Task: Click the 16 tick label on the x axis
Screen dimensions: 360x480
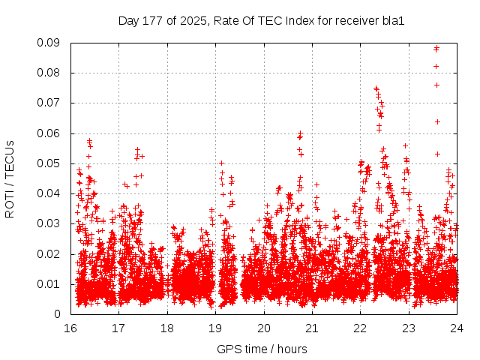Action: pos(70,328)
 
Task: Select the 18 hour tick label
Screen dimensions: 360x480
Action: pos(167,328)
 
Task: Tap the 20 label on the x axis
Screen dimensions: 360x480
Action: pos(264,328)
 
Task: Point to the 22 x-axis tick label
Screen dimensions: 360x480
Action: pos(361,328)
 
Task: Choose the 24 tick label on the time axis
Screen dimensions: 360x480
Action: pos(457,328)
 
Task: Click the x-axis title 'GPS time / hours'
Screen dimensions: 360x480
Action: pos(262,349)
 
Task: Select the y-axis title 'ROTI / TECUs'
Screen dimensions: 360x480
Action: pos(10,178)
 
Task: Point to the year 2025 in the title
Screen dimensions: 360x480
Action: pos(193,20)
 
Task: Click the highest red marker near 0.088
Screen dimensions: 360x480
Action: pos(436,48)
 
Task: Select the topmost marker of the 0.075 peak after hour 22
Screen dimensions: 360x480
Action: pos(376,88)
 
